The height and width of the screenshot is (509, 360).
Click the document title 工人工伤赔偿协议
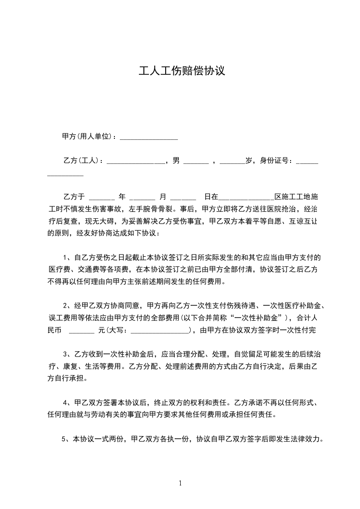(182, 71)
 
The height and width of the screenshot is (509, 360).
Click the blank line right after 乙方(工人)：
(135, 163)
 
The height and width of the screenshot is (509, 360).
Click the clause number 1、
(68, 258)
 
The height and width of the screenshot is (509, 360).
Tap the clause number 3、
(68, 354)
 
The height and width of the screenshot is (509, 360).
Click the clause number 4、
(68, 402)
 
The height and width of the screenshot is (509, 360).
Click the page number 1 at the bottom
(180, 483)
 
